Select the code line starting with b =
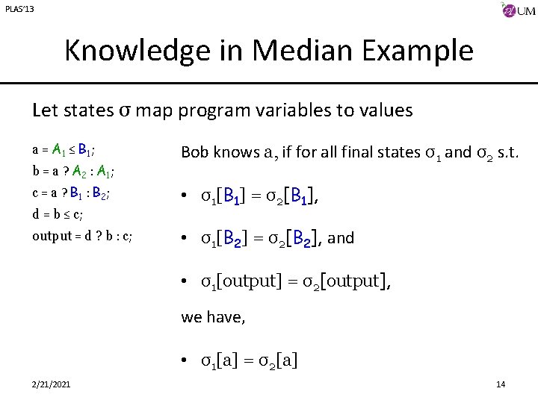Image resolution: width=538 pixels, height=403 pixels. point(73,170)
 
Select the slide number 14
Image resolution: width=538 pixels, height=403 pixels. point(500,384)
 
